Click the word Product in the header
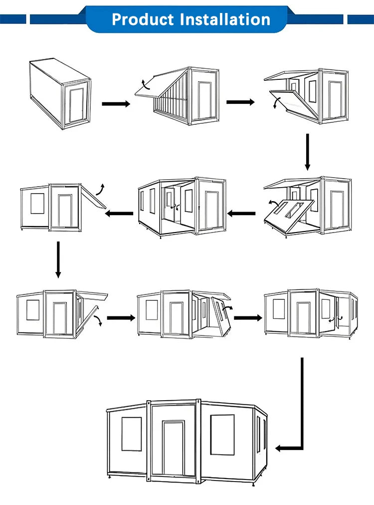pyautogui.click(x=143, y=19)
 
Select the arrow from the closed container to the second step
pyautogui.click(x=116, y=104)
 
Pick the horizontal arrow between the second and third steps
pyautogui.click(x=240, y=102)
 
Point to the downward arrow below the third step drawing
pyautogui.click(x=307, y=152)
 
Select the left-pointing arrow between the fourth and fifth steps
pyautogui.click(x=242, y=214)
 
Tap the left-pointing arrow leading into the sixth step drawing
pyautogui.click(x=120, y=214)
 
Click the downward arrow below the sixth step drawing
pyautogui.click(x=58, y=259)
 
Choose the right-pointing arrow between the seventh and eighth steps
pyautogui.click(x=121, y=318)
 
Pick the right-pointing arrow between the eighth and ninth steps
pyautogui.click(x=248, y=317)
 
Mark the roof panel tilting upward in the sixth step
pyautogui.click(x=94, y=197)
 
